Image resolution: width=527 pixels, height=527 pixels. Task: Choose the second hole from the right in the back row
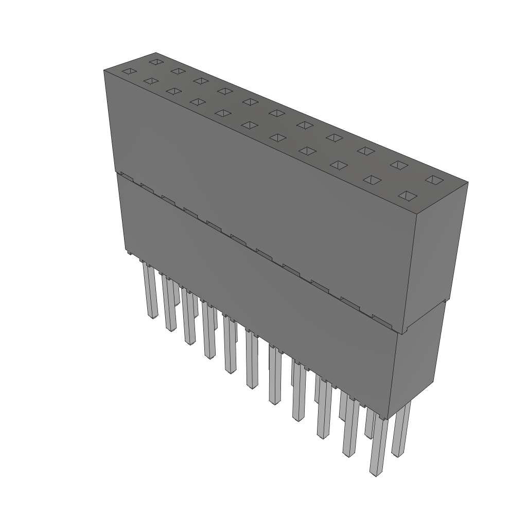(x=399, y=165)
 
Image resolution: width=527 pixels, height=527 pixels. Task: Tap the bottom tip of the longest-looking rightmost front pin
(x=377, y=472)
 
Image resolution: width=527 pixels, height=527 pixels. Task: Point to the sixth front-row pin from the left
(x=252, y=360)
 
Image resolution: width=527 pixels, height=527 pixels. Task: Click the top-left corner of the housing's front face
(x=104, y=70)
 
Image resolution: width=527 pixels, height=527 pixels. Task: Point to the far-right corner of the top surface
(x=468, y=182)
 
